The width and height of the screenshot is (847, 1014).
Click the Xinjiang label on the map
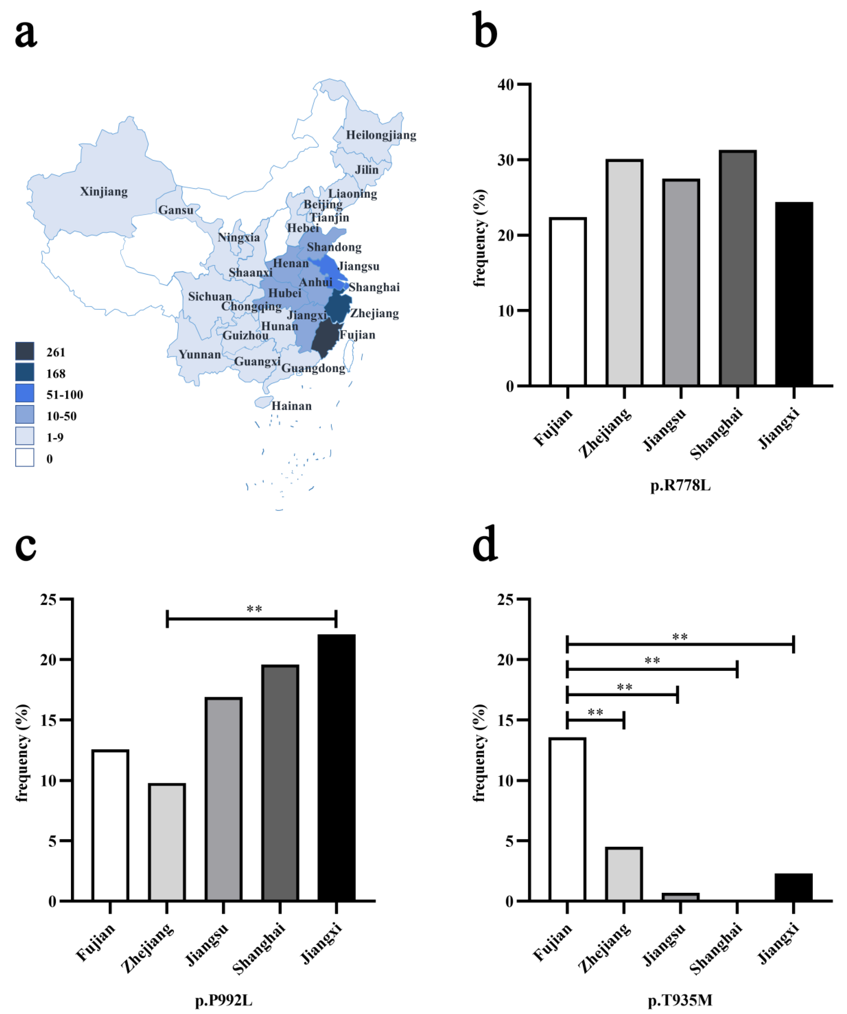104,192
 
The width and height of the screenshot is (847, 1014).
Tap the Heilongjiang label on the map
381,135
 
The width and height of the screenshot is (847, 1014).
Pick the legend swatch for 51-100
25,393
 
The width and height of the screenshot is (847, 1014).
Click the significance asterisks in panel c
254,609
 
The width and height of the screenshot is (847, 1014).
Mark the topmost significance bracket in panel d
680,644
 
